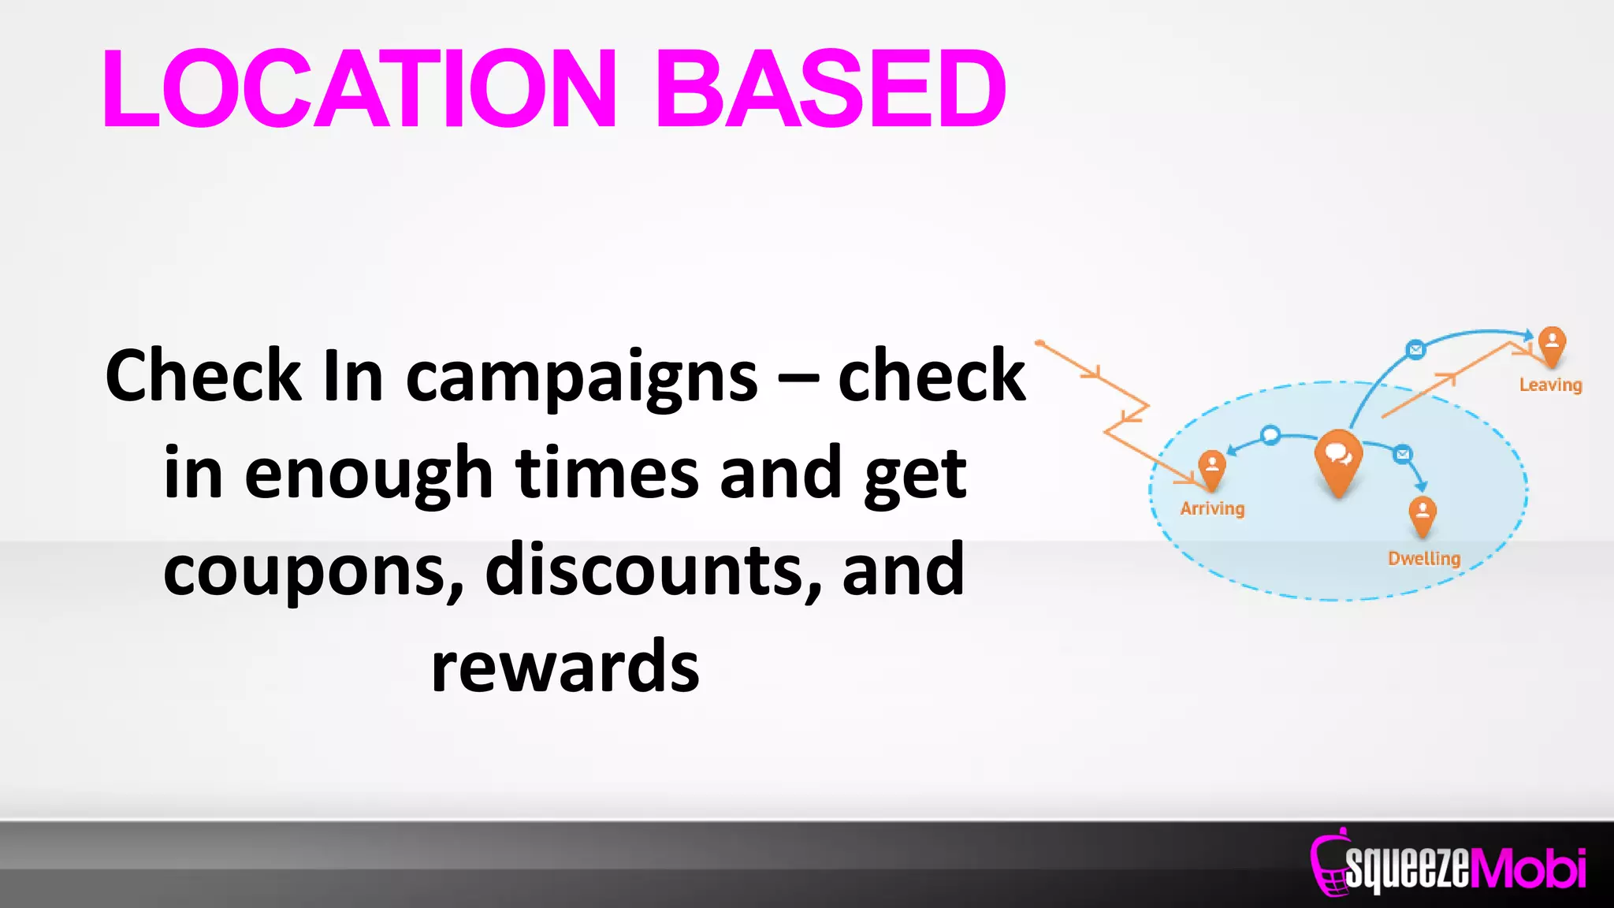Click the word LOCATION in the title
[359, 88]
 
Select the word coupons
[313, 571]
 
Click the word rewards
[565, 667]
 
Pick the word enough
[368, 474]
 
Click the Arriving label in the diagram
[1212, 508]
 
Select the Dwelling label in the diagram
[1423, 558]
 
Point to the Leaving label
[1550, 385]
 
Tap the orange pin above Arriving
[1211, 467]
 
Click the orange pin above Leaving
[1552, 344]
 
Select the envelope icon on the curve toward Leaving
[1415, 349]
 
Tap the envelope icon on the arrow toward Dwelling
[1402, 454]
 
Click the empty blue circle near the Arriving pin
[1270, 435]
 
